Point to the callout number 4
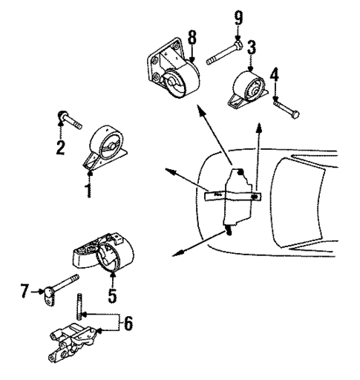(275, 75)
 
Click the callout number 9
(238, 16)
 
